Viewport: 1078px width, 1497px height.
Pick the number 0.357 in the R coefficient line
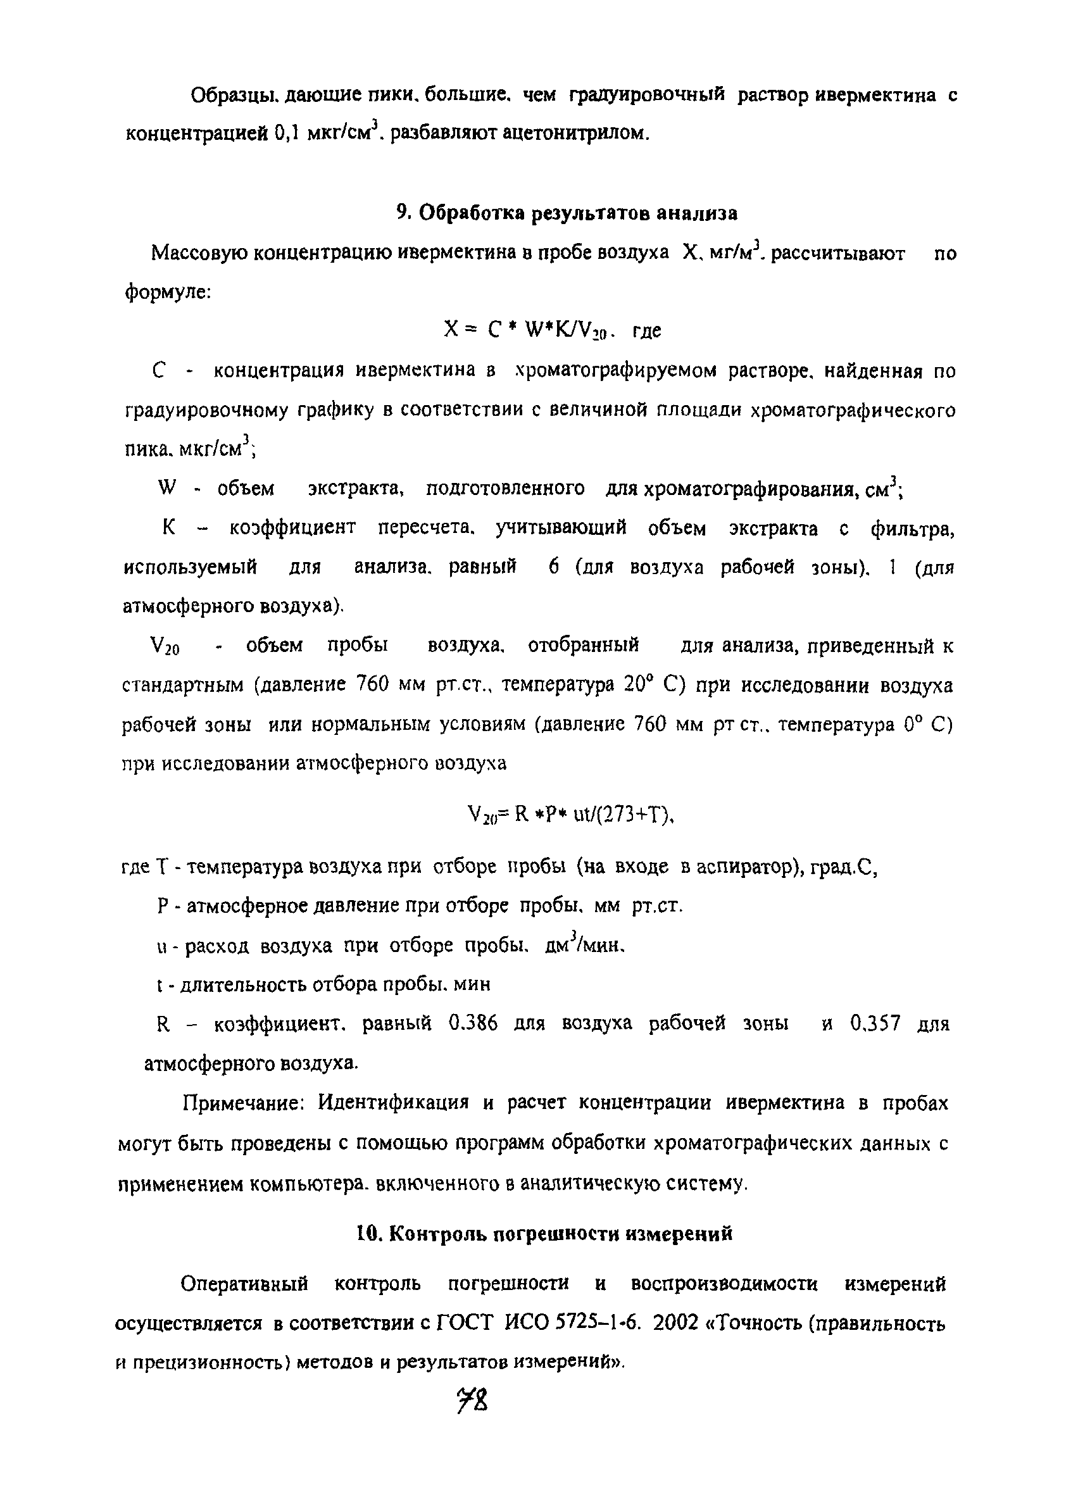(x=875, y=1024)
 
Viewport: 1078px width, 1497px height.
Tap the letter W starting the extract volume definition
(x=168, y=489)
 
